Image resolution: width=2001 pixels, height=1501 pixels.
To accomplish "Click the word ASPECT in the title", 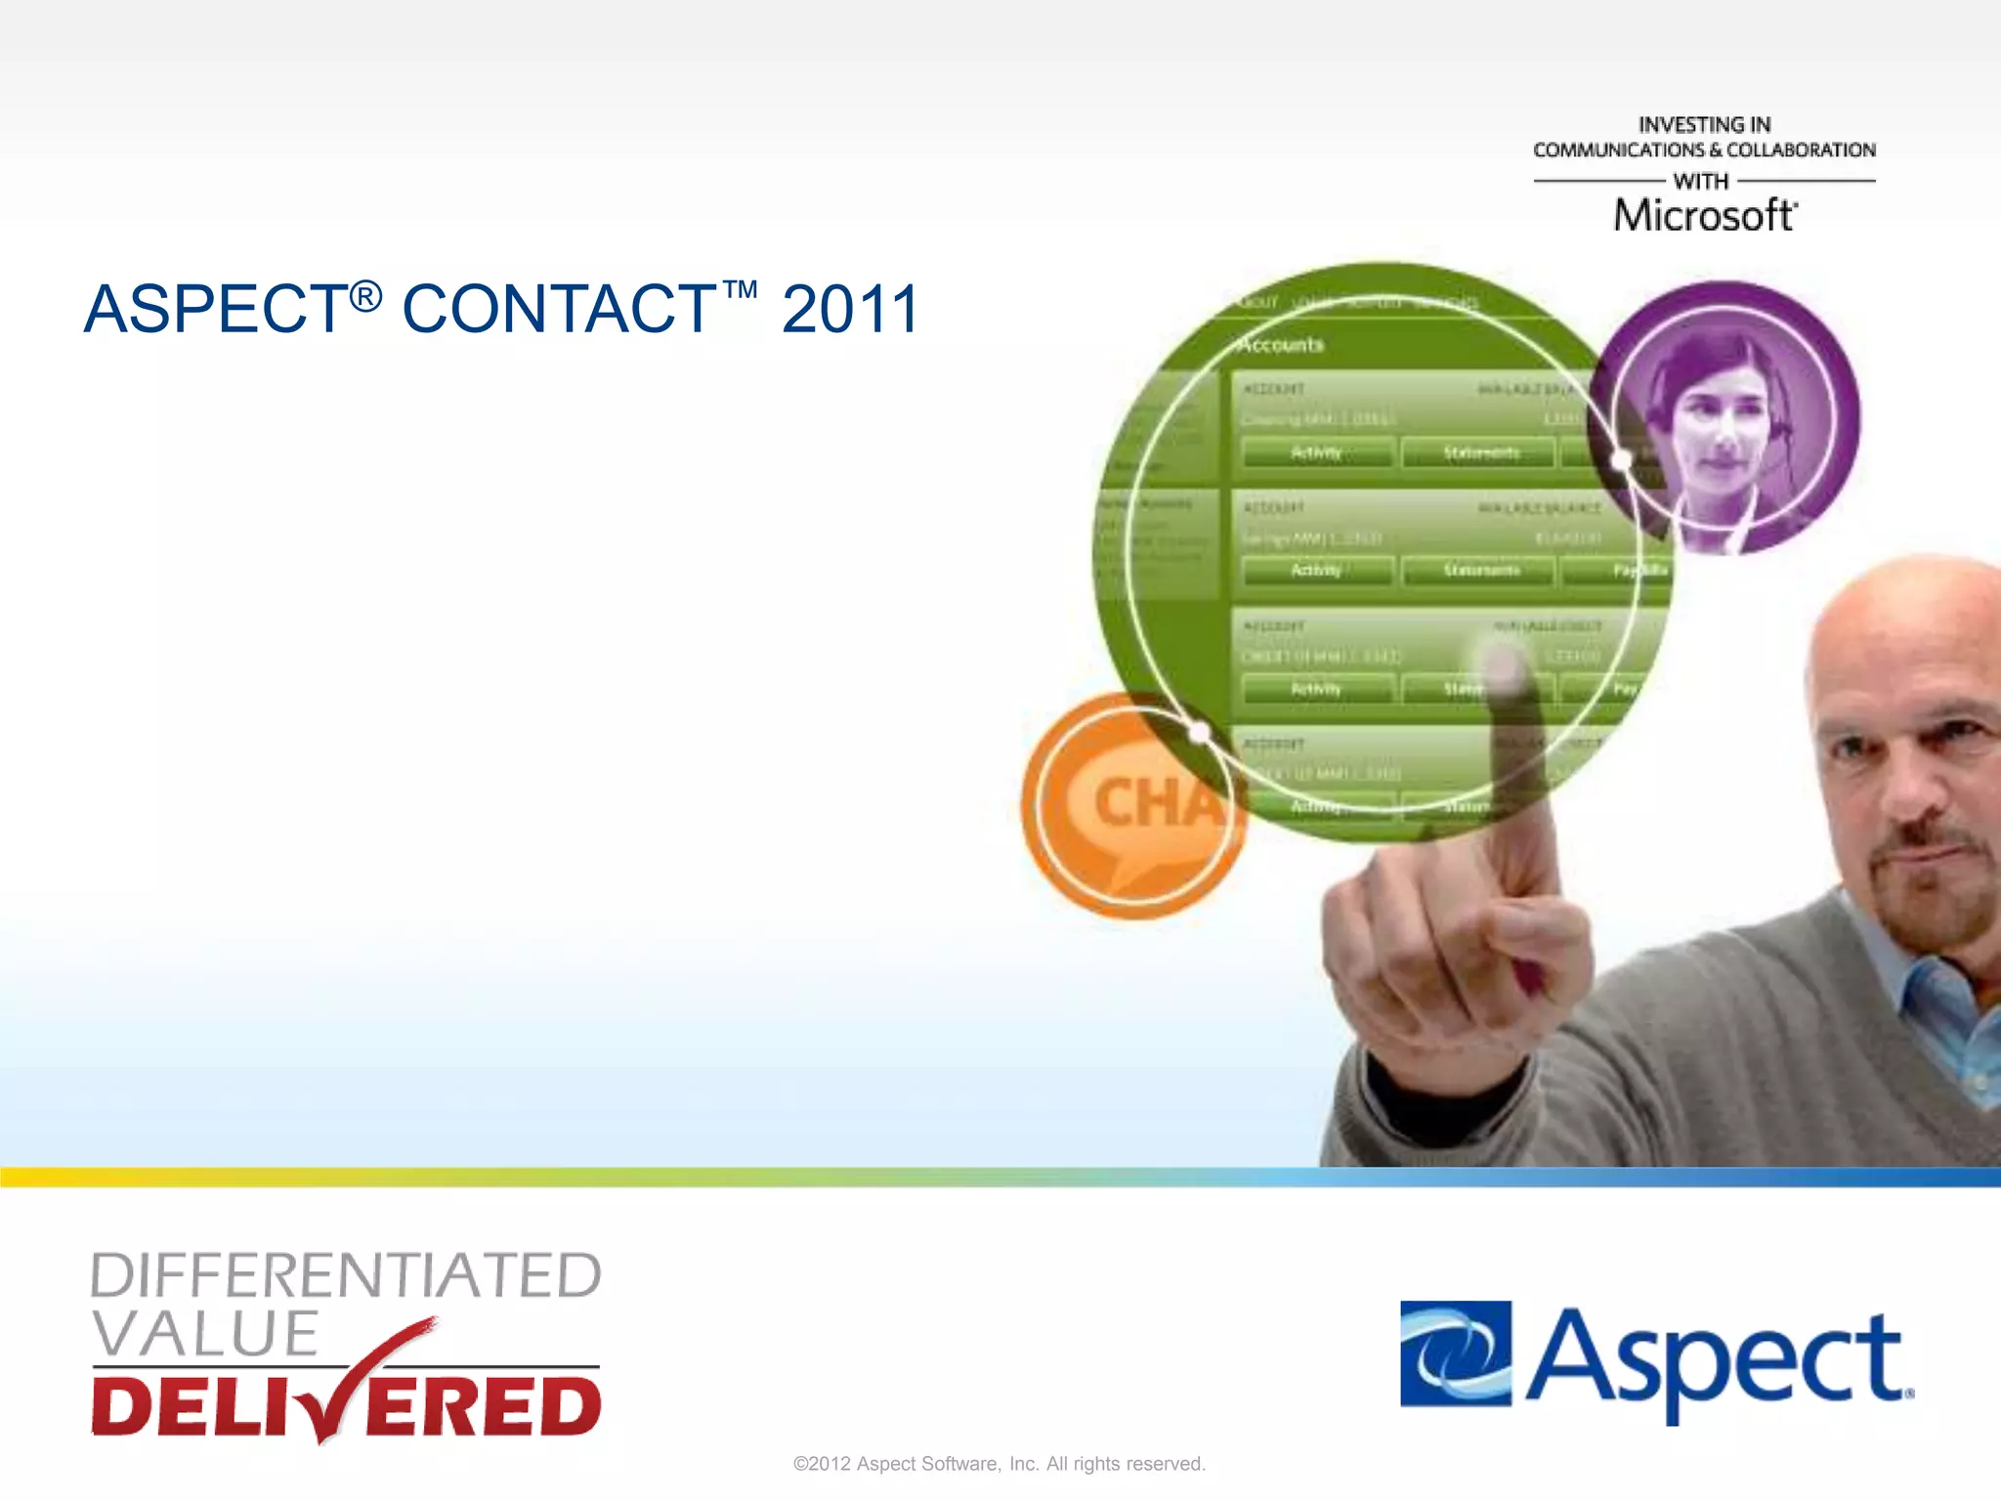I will tap(216, 310).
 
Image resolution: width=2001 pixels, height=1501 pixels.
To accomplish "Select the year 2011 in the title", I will tap(850, 310).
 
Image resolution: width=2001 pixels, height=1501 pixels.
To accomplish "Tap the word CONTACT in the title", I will tap(560, 310).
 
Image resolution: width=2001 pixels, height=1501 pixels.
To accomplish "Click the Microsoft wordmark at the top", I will tap(1704, 216).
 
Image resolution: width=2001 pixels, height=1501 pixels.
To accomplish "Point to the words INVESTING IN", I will tap(1704, 125).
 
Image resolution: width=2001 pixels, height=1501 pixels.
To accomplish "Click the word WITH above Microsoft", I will tap(1701, 182).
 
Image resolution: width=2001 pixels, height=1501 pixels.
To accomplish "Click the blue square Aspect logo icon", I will tap(1455, 1353).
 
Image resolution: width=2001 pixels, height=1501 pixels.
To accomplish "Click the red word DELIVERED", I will tap(346, 1407).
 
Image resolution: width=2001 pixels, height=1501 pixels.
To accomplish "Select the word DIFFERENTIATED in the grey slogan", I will tap(346, 1275).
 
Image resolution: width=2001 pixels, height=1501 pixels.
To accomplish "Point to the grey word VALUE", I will tap(205, 1333).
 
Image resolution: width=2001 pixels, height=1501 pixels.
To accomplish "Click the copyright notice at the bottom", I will tap(1000, 1464).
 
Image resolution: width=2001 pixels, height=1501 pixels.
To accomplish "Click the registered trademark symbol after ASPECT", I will tap(365, 295).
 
